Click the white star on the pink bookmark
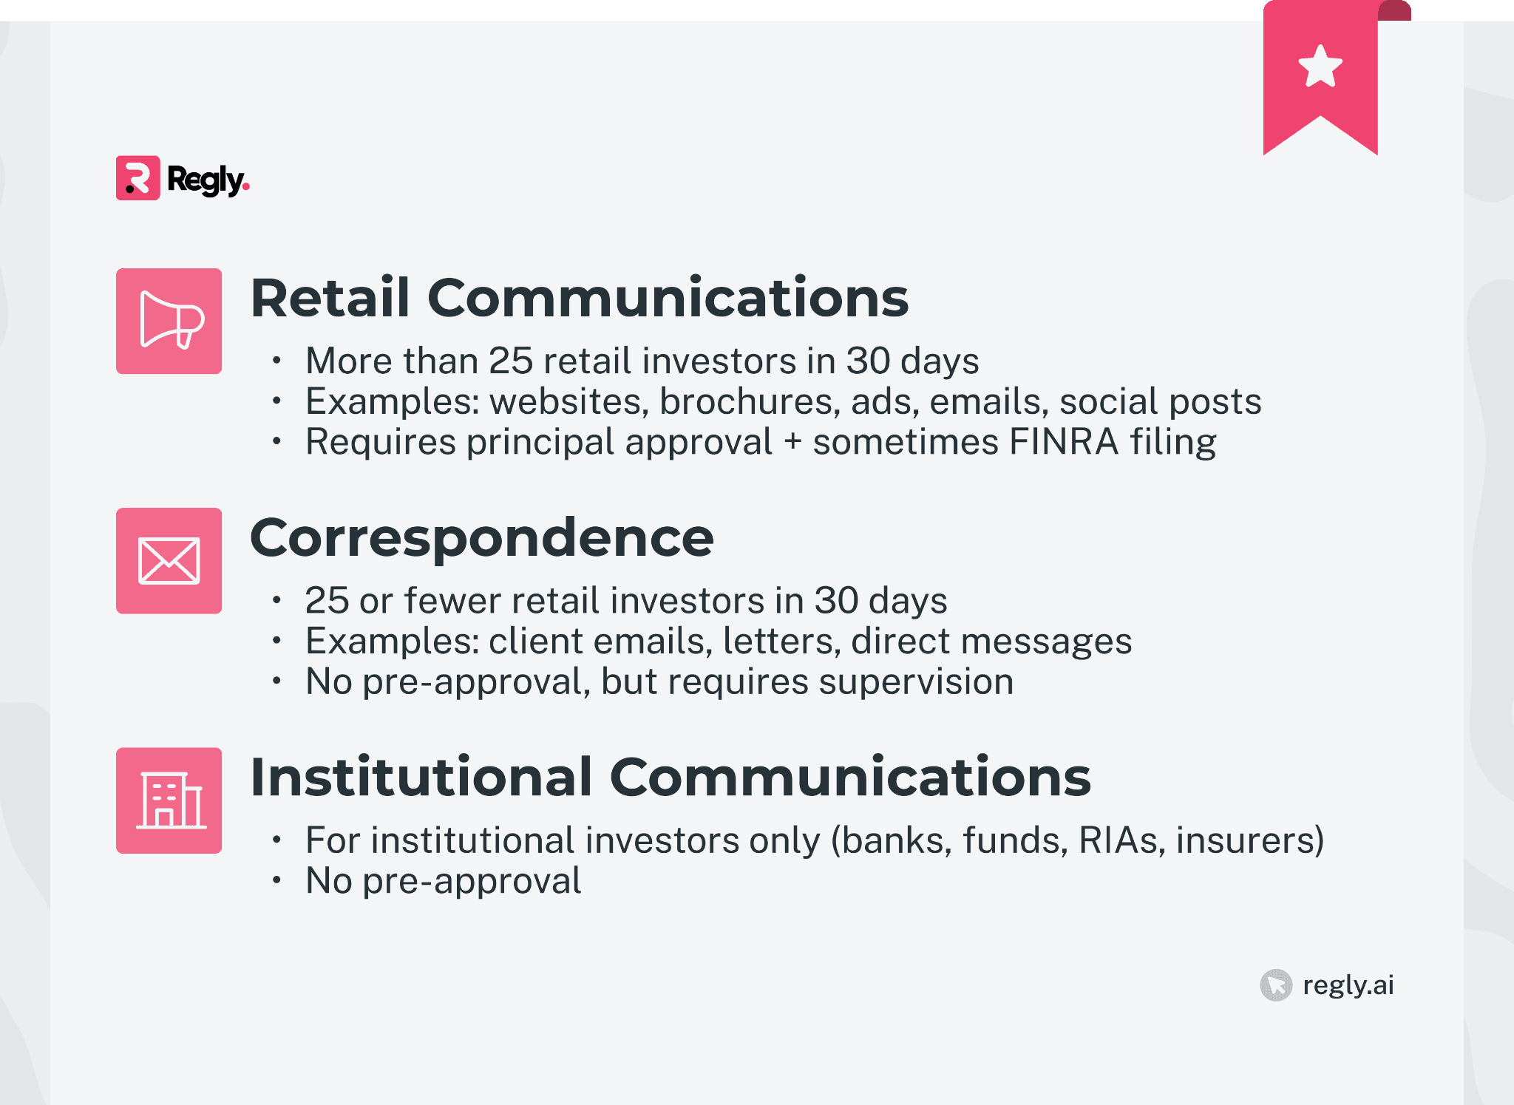tap(1320, 67)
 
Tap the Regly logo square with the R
tap(138, 178)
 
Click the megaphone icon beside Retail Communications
tap(169, 321)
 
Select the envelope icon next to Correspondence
tap(169, 561)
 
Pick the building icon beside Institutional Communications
tap(169, 800)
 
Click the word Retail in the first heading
tap(330, 298)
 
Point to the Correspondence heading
tap(482, 538)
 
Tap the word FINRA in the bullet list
tap(1064, 442)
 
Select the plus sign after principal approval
tap(792, 442)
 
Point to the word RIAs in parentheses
tap(1118, 840)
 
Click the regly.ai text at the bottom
tap(1348, 985)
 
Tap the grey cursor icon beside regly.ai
tap(1276, 985)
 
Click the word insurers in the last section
tap(1249, 840)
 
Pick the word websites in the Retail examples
tap(568, 401)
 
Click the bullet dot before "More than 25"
tap(276, 361)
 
